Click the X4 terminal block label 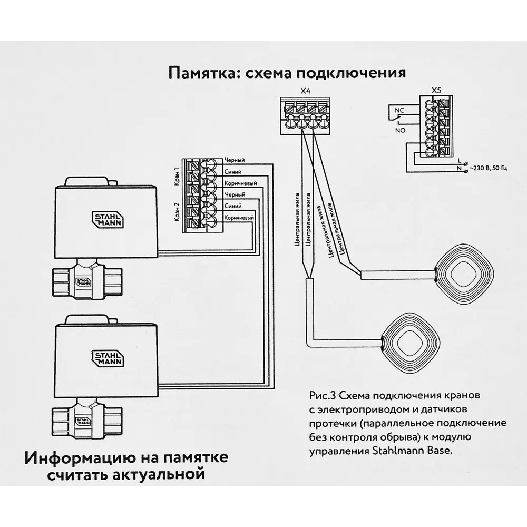[305, 90]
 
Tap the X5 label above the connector [436, 90]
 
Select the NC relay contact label [399, 110]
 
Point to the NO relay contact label [399, 129]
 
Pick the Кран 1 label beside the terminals [177, 175]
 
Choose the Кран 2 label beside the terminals [177, 211]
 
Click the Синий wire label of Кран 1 [233, 171]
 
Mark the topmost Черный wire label [235, 160]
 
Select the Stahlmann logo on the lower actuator [109, 358]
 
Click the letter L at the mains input [460, 160]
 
